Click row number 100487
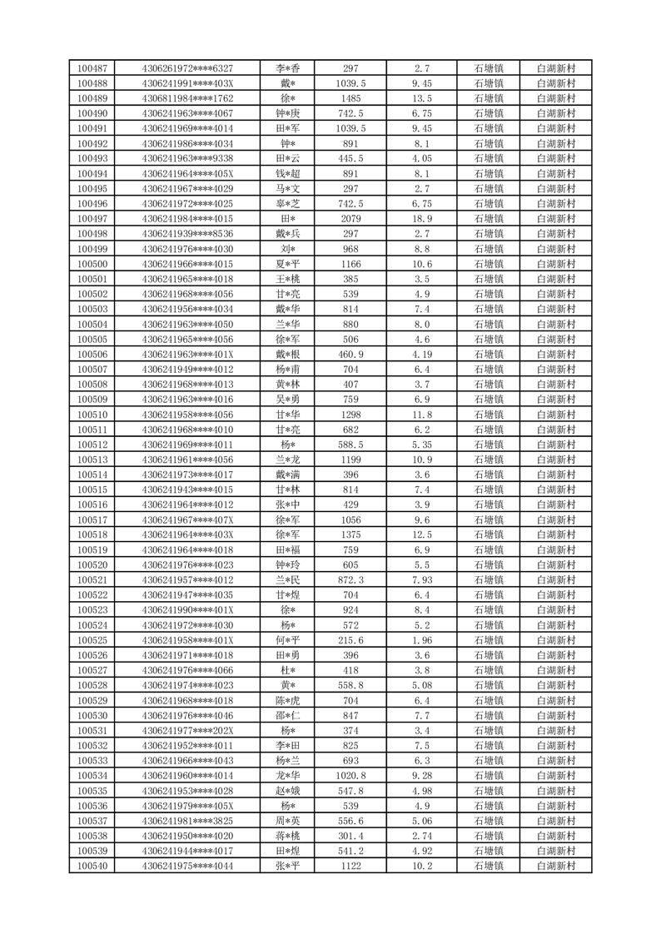(x=92, y=68)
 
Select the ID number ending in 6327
(x=187, y=68)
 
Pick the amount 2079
(x=350, y=219)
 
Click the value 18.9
(x=422, y=219)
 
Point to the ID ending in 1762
(x=187, y=98)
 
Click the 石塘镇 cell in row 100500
(x=489, y=264)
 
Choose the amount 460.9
(x=350, y=355)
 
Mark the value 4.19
(x=422, y=355)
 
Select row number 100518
(x=92, y=535)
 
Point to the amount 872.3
(x=350, y=580)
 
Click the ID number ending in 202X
(x=187, y=731)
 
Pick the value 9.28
(x=422, y=776)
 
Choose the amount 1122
(x=350, y=867)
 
